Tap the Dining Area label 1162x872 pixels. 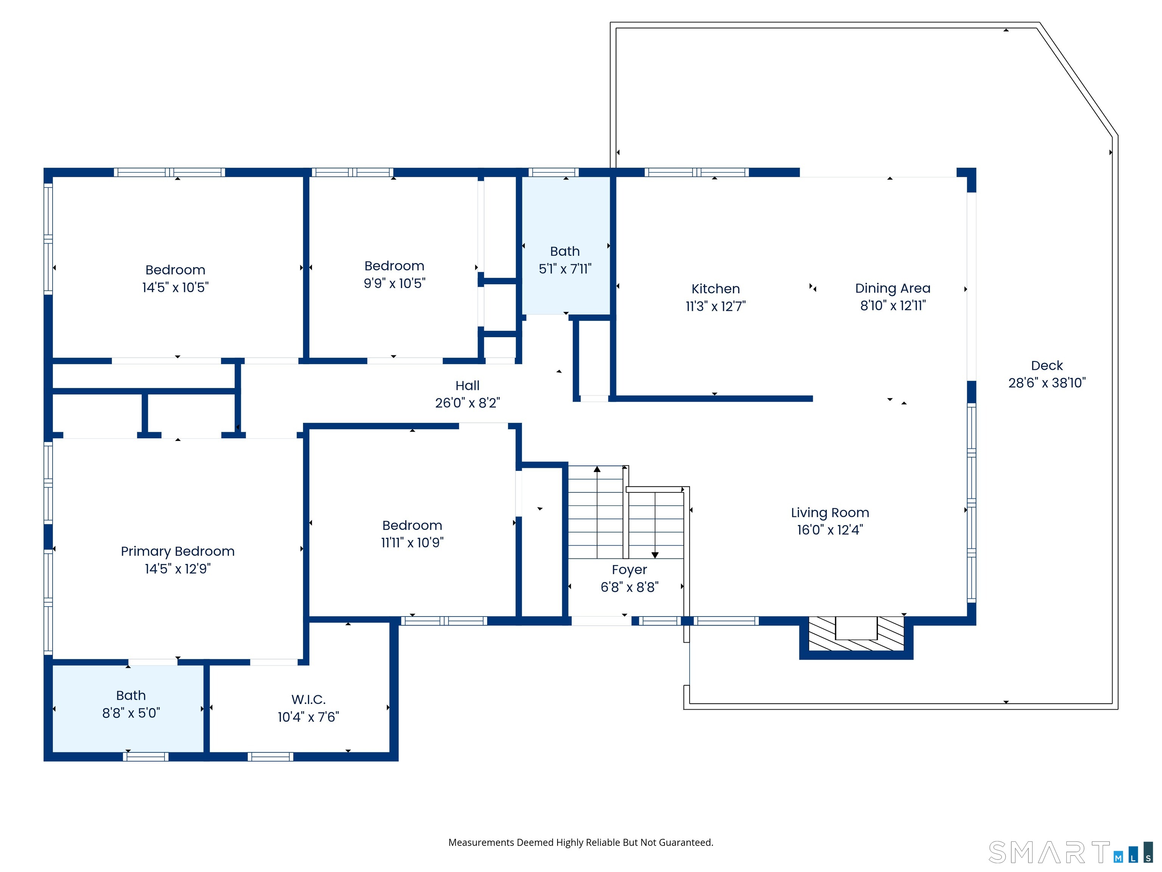tap(893, 288)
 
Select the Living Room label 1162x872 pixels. tap(830, 512)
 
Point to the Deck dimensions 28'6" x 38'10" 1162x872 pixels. tap(1047, 383)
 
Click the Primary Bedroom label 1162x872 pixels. tap(177, 551)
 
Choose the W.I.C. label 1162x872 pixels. tap(308, 699)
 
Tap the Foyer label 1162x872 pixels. tap(629, 570)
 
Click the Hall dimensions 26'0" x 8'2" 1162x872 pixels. tap(468, 403)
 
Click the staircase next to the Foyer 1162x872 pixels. tap(626, 512)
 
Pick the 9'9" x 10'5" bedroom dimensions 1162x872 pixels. tap(395, 283)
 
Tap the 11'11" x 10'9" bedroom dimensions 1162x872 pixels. tap(412, 542)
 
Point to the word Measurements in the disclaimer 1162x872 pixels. tap(481, 842)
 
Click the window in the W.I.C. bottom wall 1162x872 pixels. tap(270, 757)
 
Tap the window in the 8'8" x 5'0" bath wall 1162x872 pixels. tap(146, 757)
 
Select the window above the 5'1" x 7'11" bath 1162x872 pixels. tap(554, 173)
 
